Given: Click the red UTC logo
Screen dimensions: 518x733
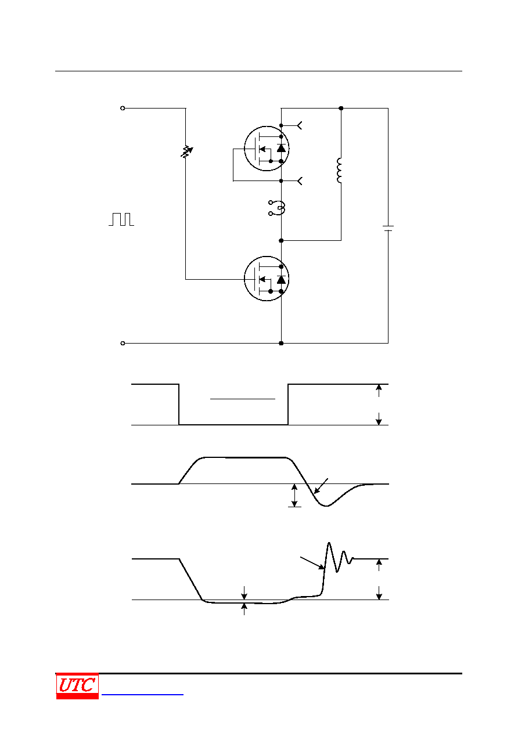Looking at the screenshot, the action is point(77,686).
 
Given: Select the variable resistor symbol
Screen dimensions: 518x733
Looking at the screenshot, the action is point(186,152).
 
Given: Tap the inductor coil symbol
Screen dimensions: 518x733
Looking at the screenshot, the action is point(339,170).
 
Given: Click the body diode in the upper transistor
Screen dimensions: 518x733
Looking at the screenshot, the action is point(281,148).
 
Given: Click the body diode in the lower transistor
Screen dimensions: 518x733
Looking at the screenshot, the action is point(281,280).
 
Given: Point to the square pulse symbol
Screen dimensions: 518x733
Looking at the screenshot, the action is point(121,219).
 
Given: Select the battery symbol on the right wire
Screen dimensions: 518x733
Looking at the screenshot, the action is point(388,228).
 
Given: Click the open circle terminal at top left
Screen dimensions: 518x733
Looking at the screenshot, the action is point(123,108).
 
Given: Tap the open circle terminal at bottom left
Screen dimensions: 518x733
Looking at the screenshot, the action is point(123,343).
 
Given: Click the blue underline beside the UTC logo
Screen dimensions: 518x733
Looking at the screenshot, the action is point(142,694).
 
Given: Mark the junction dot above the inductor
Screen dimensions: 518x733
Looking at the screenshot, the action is point(341,108).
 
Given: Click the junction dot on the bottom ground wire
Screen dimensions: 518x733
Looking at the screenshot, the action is point(281,343).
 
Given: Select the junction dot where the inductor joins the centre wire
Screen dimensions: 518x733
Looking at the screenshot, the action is point(281,240).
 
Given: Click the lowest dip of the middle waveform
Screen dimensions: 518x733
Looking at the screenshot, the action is point(326,506).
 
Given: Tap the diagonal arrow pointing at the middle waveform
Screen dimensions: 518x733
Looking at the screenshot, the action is point(321,486).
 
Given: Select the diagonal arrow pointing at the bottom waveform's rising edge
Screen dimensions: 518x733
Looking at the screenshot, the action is point(312,563).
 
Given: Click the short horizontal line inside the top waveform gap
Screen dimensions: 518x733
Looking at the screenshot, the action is point(243,399).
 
